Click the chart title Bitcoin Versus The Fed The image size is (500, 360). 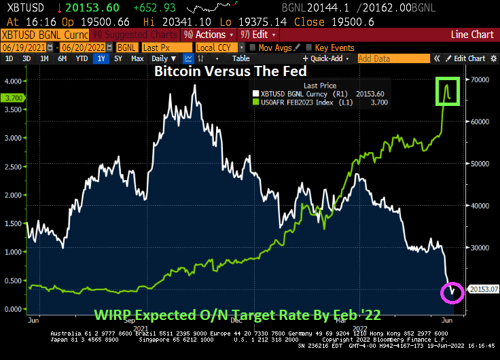[230, 71]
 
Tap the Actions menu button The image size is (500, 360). [209, 34]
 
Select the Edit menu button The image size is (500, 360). [257, 34]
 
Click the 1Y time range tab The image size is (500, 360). [101, 59]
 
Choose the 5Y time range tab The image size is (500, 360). [118, 59]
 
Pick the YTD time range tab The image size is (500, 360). [82, 59]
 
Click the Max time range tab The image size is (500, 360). [137, 59]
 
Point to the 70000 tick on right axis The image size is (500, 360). [481, 80]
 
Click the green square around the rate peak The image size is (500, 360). [448, 91]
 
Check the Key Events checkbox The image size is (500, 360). [310, 48]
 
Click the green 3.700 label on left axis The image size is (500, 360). [14, 98]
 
